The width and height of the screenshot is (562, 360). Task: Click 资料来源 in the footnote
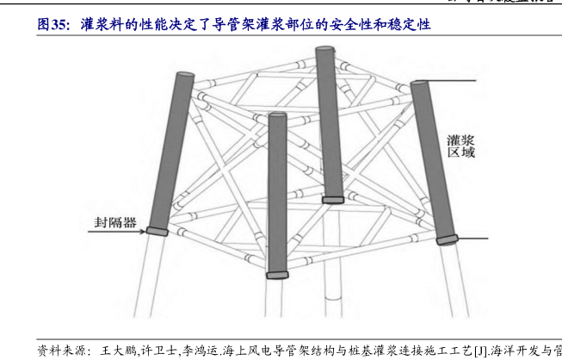coord(63,351)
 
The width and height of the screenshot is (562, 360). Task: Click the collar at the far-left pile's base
coord(156,230)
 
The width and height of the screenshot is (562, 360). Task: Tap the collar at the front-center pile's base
coord(277,275)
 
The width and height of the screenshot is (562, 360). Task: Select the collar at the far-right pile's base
coord(448,239)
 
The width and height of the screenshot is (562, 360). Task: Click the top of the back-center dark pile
coord(325,50)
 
